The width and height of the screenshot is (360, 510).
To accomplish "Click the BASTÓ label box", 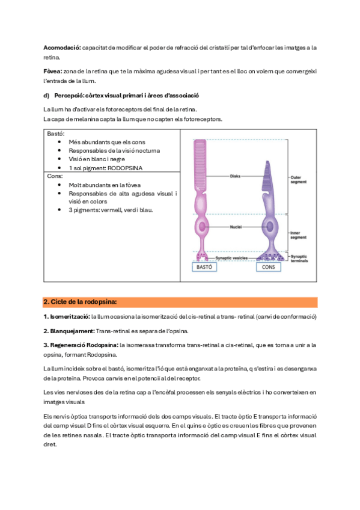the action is point(204,266).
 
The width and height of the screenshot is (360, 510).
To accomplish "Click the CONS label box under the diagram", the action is point(269,266).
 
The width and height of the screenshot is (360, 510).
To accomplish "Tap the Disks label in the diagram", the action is point(235,176).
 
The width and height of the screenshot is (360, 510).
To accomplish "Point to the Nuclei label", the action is point(236,227).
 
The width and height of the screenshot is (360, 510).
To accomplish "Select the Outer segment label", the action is point(298,180).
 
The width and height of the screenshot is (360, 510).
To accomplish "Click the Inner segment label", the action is point(298,235).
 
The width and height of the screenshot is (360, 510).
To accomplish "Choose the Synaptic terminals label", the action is point(299,259).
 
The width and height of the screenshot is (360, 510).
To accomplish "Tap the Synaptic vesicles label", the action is point(231,258).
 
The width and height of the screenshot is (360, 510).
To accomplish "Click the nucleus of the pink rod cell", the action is point(202,227).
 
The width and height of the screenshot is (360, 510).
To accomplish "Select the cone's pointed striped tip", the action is point(267,176).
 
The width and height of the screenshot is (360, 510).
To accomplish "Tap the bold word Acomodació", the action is point(62,48).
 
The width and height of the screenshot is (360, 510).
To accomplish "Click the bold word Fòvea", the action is point(53,71).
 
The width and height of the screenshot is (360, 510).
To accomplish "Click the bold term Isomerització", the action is point(67,316).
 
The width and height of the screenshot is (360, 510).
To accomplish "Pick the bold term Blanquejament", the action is point(69,331).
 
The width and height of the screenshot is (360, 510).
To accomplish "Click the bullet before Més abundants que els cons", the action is point(59,142).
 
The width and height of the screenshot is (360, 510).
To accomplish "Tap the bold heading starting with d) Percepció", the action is point(121,95).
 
